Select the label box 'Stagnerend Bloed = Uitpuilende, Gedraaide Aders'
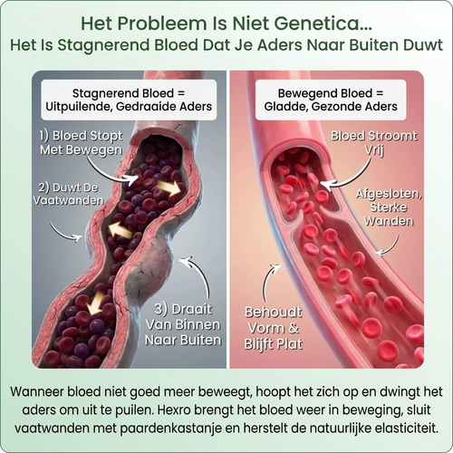[129, 100]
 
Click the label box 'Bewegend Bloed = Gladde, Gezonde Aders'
[331, 100]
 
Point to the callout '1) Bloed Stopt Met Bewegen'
[81, 143]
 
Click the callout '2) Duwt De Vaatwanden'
[68, 194]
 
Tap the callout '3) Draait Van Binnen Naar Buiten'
[183, 324]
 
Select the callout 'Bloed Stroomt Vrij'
[374, 143]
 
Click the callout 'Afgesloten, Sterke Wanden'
[389, 207]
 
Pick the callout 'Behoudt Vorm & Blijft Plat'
[274, 328]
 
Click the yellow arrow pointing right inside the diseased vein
[169, 188]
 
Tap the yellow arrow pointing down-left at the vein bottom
[93, 304]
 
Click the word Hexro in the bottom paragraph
[176, 410]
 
